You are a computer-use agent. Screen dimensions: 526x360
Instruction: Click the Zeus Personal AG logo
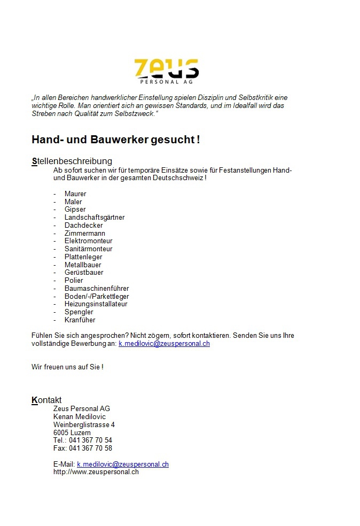(166, 71)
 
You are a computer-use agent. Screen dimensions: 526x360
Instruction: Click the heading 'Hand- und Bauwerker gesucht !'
(116, 140)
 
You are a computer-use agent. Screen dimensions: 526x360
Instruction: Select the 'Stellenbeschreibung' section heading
(72, 161)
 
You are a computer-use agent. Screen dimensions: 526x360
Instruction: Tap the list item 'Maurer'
(75, 194)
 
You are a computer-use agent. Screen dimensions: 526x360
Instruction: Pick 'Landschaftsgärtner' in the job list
(95, 218)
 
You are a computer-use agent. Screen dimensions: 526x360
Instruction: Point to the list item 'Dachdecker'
(83, 226)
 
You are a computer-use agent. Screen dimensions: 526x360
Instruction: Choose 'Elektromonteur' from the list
(88, 241)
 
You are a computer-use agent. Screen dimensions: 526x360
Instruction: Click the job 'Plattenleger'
(83, 257)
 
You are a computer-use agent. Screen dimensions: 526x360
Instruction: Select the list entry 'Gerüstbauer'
(84, 273)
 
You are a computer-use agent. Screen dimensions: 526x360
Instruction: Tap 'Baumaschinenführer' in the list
(97, 289)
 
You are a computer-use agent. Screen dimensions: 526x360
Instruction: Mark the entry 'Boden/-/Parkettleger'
(97, 296)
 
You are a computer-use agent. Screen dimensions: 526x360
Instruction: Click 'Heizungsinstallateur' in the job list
(96, 304)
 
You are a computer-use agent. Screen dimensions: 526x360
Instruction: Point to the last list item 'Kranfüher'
(80, 320)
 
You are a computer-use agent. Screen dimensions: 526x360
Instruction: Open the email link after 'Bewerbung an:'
(164, 344)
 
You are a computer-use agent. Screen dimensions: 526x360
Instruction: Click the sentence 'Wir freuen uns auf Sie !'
(67, 367)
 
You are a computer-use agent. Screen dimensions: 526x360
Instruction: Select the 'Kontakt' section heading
(46, 400)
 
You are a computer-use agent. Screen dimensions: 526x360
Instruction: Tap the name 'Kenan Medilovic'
(80, 417)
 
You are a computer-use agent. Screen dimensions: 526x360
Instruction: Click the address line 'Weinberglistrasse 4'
(84, 425)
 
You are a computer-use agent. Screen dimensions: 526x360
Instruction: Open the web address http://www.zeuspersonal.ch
(96, 472)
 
